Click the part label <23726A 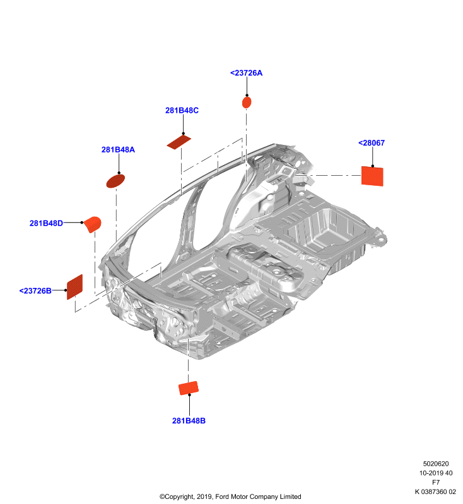(246, 73)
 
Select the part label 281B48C (182, 110)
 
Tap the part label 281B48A (118, 149)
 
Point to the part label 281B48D (46, 223)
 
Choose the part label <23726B (35, 290)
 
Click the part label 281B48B (189, 420)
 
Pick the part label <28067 (372, 143)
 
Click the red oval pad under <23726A (247, 103)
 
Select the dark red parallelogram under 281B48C (179, 142)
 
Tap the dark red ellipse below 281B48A (115, 181)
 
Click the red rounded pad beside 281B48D (93, 224)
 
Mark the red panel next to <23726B (74, 287)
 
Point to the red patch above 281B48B (189, 388)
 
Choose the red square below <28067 (372, 176)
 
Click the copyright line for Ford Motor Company (230, 496)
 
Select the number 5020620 (436, 464)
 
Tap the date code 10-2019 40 (436, 473)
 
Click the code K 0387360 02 (435, 491)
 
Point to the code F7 (436, 482)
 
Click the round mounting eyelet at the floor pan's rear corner (382, 239)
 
